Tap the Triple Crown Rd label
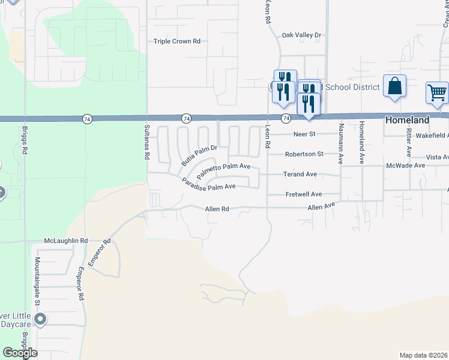coord(176,41)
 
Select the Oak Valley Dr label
coord(302,35)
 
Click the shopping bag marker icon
coord(395,85)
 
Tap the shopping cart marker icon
coord(437,92)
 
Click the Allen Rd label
coord(217,209)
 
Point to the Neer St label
coord(304,134)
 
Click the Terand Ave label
coord(300,174)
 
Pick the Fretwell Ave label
coord(303,194)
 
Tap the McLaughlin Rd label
coord(66,241)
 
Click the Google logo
coord(20,352)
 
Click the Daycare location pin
coord(40,319)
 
